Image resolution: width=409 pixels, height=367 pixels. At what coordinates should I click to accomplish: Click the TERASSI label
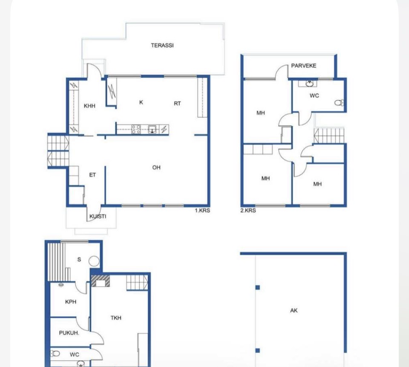coord(162,46)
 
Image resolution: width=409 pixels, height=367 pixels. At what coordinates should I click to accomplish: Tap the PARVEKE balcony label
coord(304,66)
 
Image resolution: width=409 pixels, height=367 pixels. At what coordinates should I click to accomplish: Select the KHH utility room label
coord(89,106)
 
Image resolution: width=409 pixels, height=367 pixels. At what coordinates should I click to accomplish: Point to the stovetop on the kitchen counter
coord(136,129)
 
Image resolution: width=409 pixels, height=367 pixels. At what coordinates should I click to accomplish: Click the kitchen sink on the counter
coord(153,129)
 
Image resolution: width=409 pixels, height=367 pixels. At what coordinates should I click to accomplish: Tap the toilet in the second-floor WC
coord(339,103)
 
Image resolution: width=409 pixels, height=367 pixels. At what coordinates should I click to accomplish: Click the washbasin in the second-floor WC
coord(310,84)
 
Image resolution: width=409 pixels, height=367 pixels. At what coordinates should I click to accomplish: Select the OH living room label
coord(156,168)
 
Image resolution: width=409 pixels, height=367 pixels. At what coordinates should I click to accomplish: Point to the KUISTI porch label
coord(98,217)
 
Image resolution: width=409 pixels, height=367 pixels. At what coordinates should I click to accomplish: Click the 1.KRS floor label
coord(202,211)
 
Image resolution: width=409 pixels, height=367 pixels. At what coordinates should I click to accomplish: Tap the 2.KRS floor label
coord(248,211)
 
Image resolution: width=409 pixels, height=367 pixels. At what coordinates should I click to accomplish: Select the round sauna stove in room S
coord(94,261)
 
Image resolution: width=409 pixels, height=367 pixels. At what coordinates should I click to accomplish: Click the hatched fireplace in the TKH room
coord(100,281)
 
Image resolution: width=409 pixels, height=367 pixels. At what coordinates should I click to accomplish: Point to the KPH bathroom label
coord(71,302)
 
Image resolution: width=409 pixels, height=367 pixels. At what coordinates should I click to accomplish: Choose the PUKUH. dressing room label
coord(69,333)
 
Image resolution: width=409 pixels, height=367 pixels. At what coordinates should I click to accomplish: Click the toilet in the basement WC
coord(55,354)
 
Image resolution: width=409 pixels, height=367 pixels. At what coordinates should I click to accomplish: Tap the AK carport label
coord(294,310)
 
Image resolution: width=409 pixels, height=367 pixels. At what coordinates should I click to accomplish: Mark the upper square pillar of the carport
coord(258,287)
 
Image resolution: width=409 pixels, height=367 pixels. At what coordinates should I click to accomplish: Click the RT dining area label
coord(177,104)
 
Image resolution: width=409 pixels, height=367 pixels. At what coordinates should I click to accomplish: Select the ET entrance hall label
coord(92,175)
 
